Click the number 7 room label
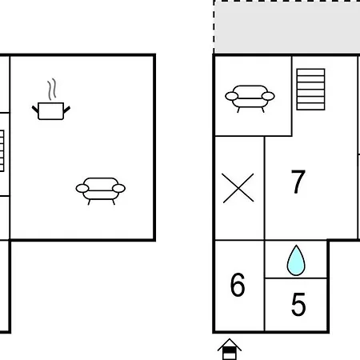click(x=298, y=182)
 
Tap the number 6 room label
click(x=238, y=285)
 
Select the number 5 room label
click(x=298, y=304)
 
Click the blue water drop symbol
click(x=296, y=261)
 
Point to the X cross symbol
click(x=238, y=188)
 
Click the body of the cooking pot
click(x=51, y=111)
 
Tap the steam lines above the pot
click(x=52, y=89)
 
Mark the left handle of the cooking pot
click(x=35, y=110)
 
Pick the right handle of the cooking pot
click(x=67, y=110)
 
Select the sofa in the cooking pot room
click(x=101, y=190)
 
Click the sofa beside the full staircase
click(x=250, y=98)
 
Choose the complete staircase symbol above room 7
click(x=310, y=90)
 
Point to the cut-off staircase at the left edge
click(x=2, y=150)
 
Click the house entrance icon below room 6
click(x=230, y=349)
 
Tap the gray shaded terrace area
click(x=287, y=26)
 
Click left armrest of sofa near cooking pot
click(x=82, y=188)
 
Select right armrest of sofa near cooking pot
click(x=119, y=188)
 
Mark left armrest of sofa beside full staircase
click(x=232, y=96)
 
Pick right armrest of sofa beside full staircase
click(x=268, y=96)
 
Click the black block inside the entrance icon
click(x=230, y=350)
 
